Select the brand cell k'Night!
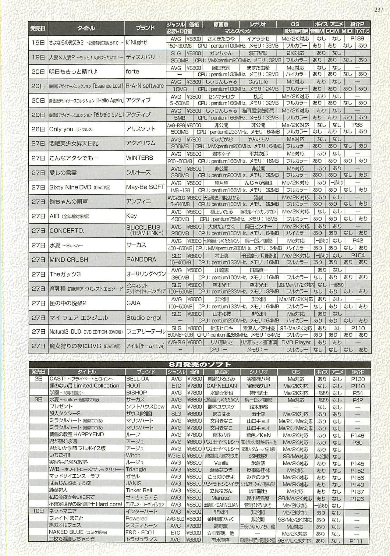click(136, 42)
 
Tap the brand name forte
click(132, 72)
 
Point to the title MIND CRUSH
click(69, 260)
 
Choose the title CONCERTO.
click(67, 231)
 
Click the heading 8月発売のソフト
click(200, 365)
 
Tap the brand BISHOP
click(136, 393)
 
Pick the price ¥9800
click(194, 314)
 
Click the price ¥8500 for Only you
click(194, 125)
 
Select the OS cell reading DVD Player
click(296, 342)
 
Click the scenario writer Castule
click(258, 82)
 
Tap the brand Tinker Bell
click(139, 490)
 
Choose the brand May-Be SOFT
click(145, 187)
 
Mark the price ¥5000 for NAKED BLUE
click(194, 533)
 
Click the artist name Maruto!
click(222, 498)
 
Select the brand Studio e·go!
click(144, 317)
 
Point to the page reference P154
click(357, 255)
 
